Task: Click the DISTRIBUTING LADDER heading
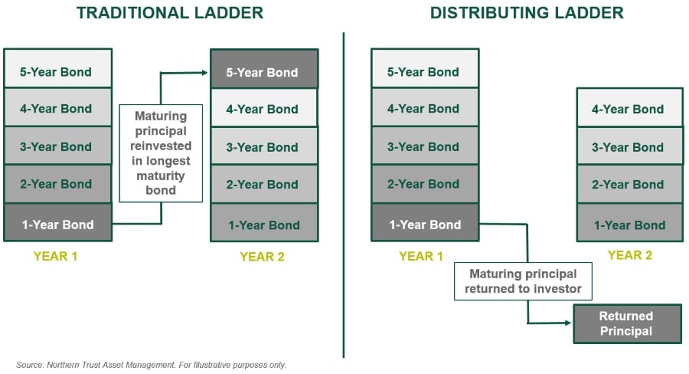pos(527,13)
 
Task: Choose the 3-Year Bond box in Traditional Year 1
pos(57,146)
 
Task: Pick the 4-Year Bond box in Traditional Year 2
pos(263,108)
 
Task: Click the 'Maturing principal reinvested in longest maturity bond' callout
pos(161,153)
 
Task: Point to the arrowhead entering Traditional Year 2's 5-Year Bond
pos(206,72)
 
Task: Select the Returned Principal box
pos(626,323)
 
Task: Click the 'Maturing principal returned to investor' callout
pos(523,281)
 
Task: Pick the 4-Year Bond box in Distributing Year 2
pos(629,108)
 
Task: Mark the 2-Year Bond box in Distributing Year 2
pos(629,184)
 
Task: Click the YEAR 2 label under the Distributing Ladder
pos(629,255)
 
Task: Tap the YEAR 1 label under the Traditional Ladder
pos(56,257)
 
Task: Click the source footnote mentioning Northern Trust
pos(152,365)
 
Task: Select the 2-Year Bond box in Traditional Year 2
pos(263,184)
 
